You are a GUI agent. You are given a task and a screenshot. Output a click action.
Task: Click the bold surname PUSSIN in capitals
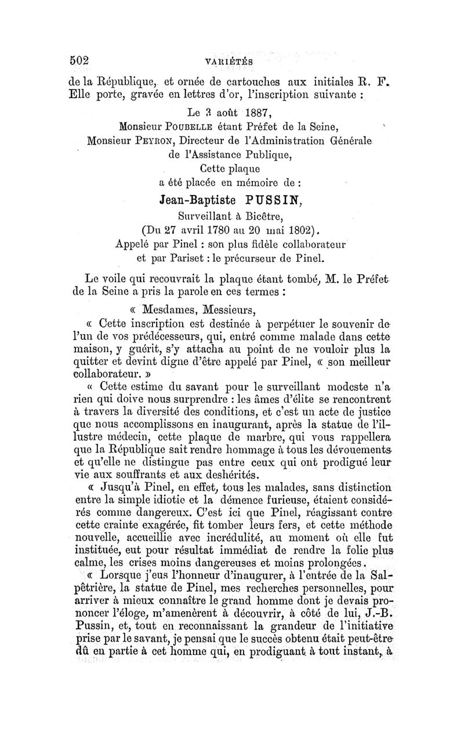point(269,200)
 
